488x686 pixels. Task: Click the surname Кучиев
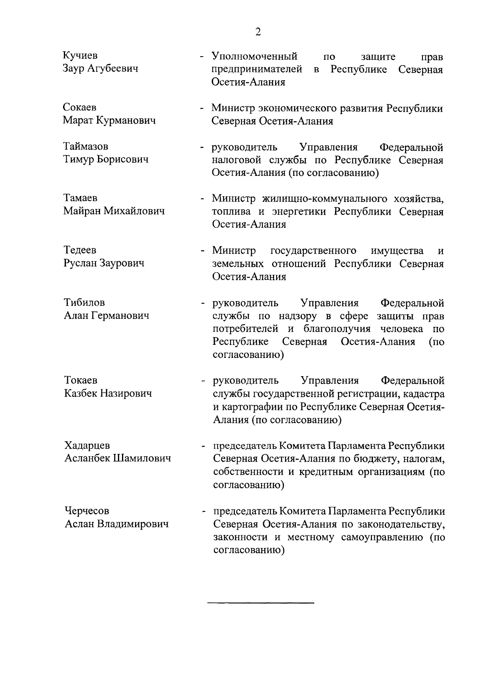(80, 55)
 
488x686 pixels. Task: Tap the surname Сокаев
(80, 107)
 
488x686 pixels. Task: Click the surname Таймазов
(86, 146)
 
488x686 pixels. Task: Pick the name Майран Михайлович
(114, 211)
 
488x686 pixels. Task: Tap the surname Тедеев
(80, 250)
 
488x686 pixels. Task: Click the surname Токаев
(81, 380)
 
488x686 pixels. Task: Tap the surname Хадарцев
(87, 445)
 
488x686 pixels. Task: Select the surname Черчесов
(87, 511)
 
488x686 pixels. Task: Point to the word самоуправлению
(383, 537)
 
